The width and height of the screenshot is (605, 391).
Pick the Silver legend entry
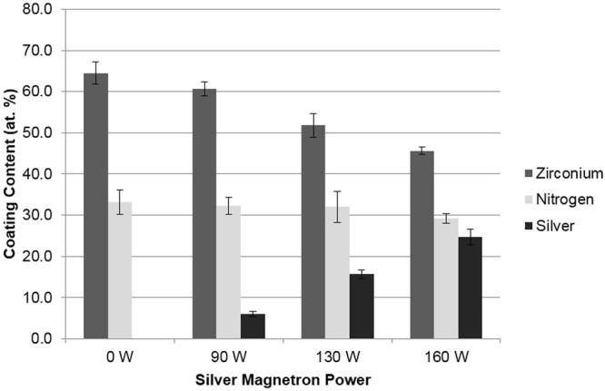[x=552, y=226]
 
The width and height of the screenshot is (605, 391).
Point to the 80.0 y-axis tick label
[x=39, y=10]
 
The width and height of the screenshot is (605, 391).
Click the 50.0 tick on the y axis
[x=39, y=133]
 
